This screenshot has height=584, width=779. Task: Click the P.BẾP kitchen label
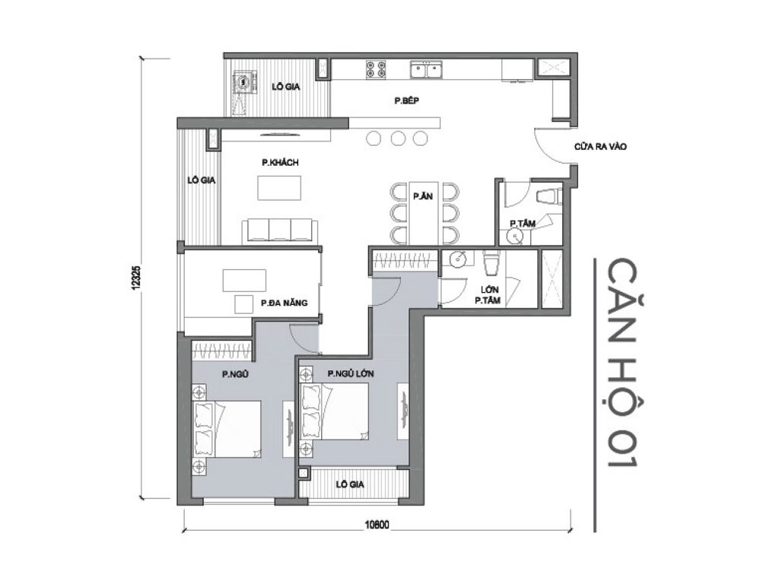(x=407, y=100)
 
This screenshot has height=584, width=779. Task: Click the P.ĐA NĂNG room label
(x=283, y=303)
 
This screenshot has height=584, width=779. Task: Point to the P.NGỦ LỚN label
(x=351, y=373)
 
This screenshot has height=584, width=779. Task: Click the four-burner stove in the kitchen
(x=374, y=70)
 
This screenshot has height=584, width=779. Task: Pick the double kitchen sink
(x=428, y=71)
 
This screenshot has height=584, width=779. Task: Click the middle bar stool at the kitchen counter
(x=397, y=138)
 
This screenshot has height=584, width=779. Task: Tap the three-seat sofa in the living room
(x=279, y=230)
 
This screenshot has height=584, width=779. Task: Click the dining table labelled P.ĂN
(x=424, y=211)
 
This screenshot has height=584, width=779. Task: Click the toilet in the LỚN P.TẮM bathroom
(x=491, y=264)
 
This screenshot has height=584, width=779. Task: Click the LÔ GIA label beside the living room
(x=203, y=181)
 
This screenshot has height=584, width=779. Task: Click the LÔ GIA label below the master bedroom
(x=352, y=484)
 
